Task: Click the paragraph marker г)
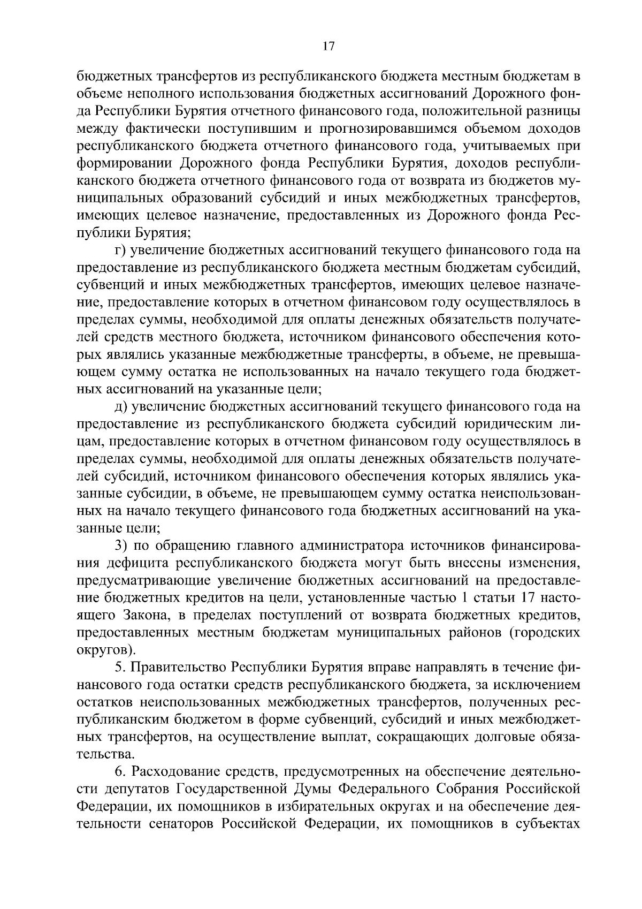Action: (120, 250)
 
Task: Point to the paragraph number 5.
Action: (119, 668)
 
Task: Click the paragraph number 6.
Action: (119, 772)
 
